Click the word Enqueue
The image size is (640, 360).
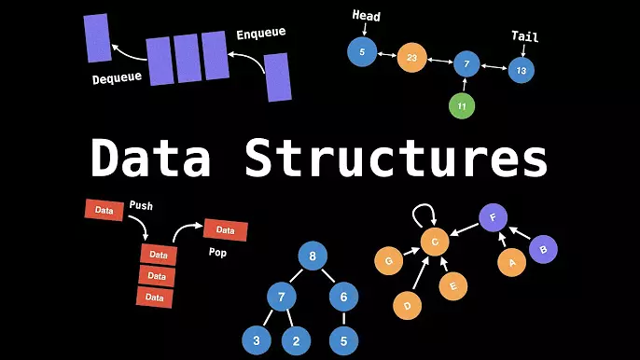coord(260,34)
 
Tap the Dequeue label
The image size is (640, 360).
coord(117,78)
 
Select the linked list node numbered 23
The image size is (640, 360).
coord(411,58)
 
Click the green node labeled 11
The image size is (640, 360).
coord(461,106)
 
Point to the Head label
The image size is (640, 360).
coord(366,16)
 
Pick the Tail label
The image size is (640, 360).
coord(525,37)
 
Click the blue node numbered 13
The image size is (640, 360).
coord(522,70)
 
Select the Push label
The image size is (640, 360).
coord(141,204)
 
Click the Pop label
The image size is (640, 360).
coord(216,253)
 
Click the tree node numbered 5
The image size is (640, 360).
coord(343,340)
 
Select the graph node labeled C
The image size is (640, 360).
coord(434,242)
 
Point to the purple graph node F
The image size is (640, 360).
coord(494,218)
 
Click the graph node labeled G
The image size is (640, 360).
coord(388,261)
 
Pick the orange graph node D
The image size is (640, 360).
coord(407,304)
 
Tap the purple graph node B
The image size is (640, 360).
coord(544,249)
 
